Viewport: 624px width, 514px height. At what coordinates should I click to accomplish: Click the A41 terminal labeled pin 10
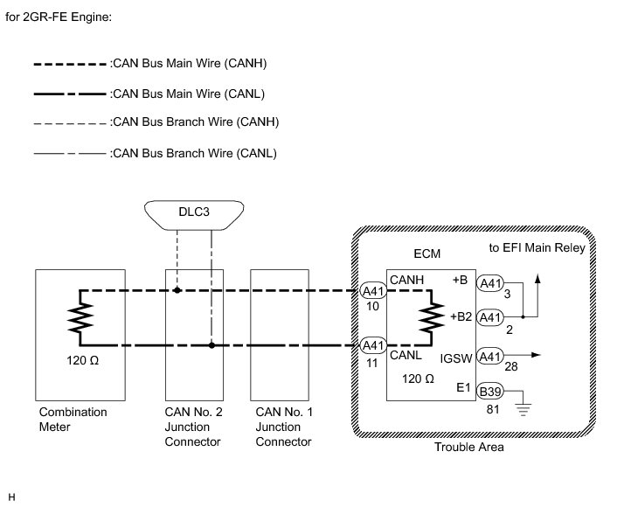(372, 291)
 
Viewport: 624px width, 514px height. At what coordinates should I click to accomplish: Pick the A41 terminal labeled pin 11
(372, 345)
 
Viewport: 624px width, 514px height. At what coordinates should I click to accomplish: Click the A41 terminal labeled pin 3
(490, 282)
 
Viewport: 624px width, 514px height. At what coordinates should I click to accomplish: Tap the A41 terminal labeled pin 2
(490, 316)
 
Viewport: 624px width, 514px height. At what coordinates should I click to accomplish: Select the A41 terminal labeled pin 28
(490, 356)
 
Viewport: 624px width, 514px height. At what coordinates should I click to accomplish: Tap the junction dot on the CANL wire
(211, 345)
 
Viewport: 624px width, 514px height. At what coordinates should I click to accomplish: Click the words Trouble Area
(468, 448)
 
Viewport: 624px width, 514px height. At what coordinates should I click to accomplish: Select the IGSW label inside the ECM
(456, 358)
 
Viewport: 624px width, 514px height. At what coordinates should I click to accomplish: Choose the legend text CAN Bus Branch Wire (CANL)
(194, 153)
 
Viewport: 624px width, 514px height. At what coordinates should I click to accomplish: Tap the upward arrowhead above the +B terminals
(537, 276)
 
